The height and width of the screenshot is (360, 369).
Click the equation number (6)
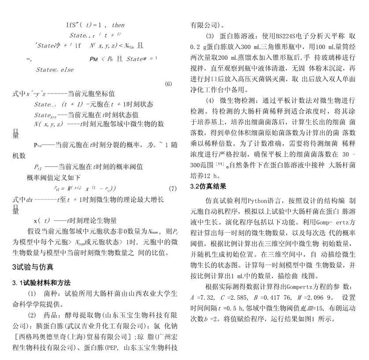click(168, 84)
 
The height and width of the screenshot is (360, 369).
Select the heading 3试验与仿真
click(33, 267)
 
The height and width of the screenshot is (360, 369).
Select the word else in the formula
click(67, 69)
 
